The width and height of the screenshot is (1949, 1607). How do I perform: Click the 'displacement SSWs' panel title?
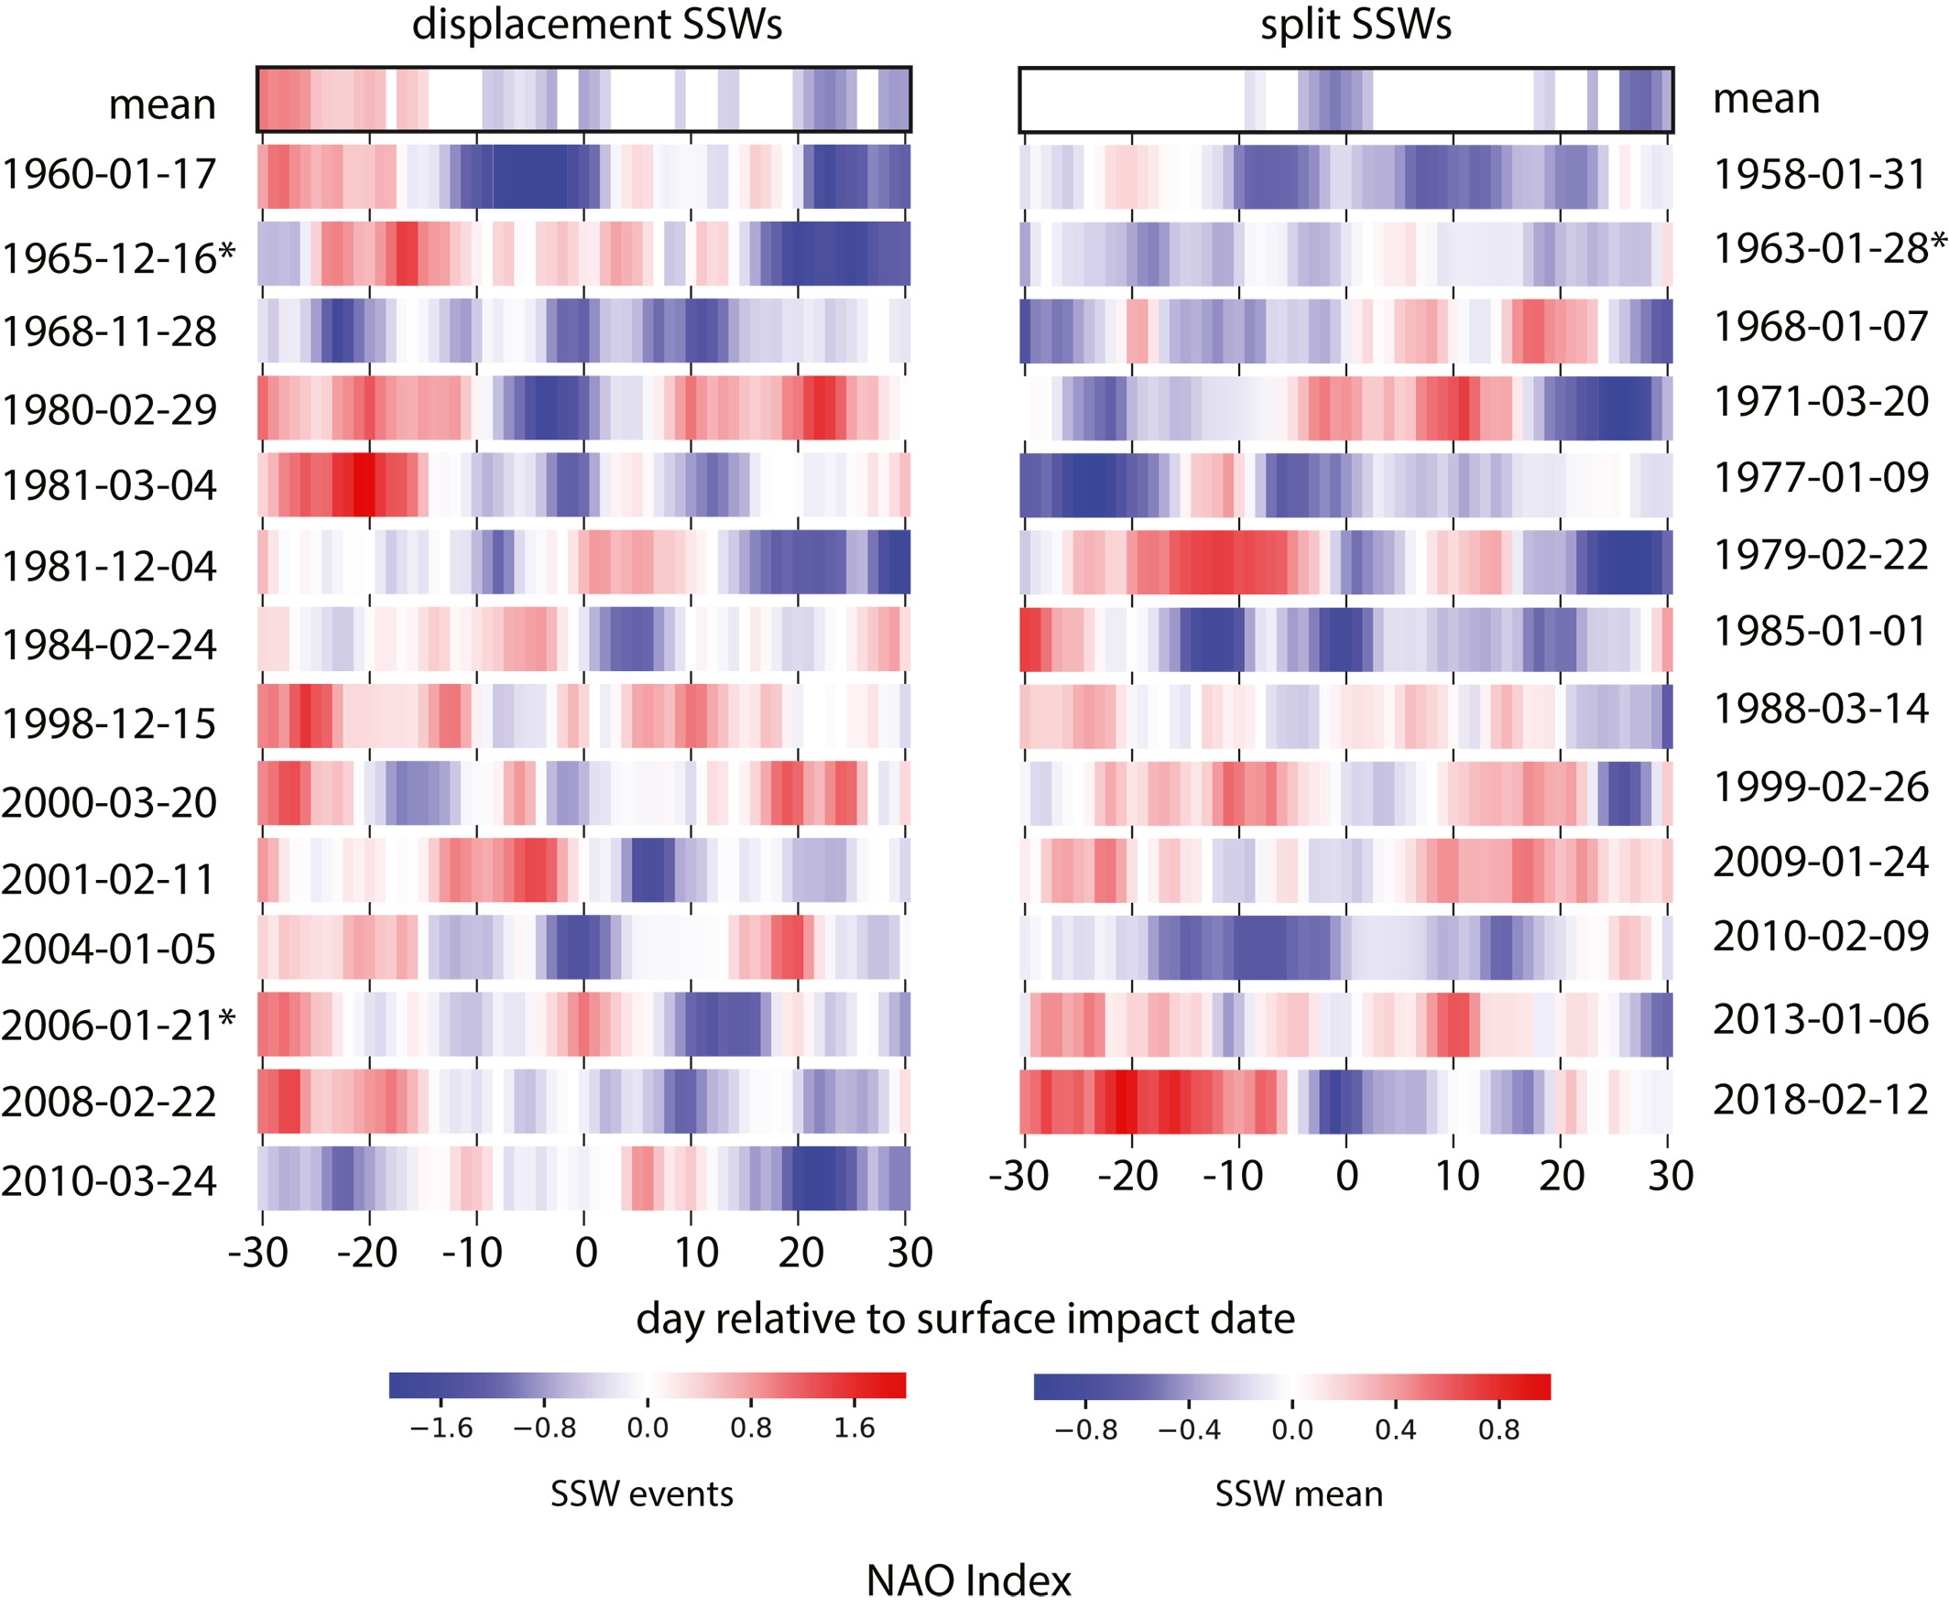596,25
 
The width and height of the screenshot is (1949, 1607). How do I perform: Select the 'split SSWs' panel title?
1356,25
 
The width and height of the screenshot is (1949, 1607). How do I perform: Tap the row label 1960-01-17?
109,175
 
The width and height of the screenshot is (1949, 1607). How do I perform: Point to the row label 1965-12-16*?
118,257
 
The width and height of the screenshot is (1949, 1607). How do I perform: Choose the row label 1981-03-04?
109,485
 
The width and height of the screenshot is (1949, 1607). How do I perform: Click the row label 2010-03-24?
109,1181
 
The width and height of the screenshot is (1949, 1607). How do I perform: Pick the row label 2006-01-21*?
118,1025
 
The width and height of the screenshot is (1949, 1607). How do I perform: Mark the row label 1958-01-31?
1820,175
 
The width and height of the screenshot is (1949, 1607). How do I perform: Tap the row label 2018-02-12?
1820,1100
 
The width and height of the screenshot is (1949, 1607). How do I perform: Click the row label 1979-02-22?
1820,556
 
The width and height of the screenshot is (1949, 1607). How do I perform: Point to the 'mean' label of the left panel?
162,104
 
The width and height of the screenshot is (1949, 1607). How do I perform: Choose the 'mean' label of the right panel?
1766,98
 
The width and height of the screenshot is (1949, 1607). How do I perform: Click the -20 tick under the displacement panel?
366,1254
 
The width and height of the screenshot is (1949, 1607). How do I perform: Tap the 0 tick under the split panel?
1346,1177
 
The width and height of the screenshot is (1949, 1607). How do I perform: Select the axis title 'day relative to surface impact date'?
964,1319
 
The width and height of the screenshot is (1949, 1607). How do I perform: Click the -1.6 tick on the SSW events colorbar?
441,1428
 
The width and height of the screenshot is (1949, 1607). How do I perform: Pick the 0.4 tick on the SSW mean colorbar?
1395,1430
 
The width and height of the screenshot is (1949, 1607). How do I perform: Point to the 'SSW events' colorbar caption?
642,1494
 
